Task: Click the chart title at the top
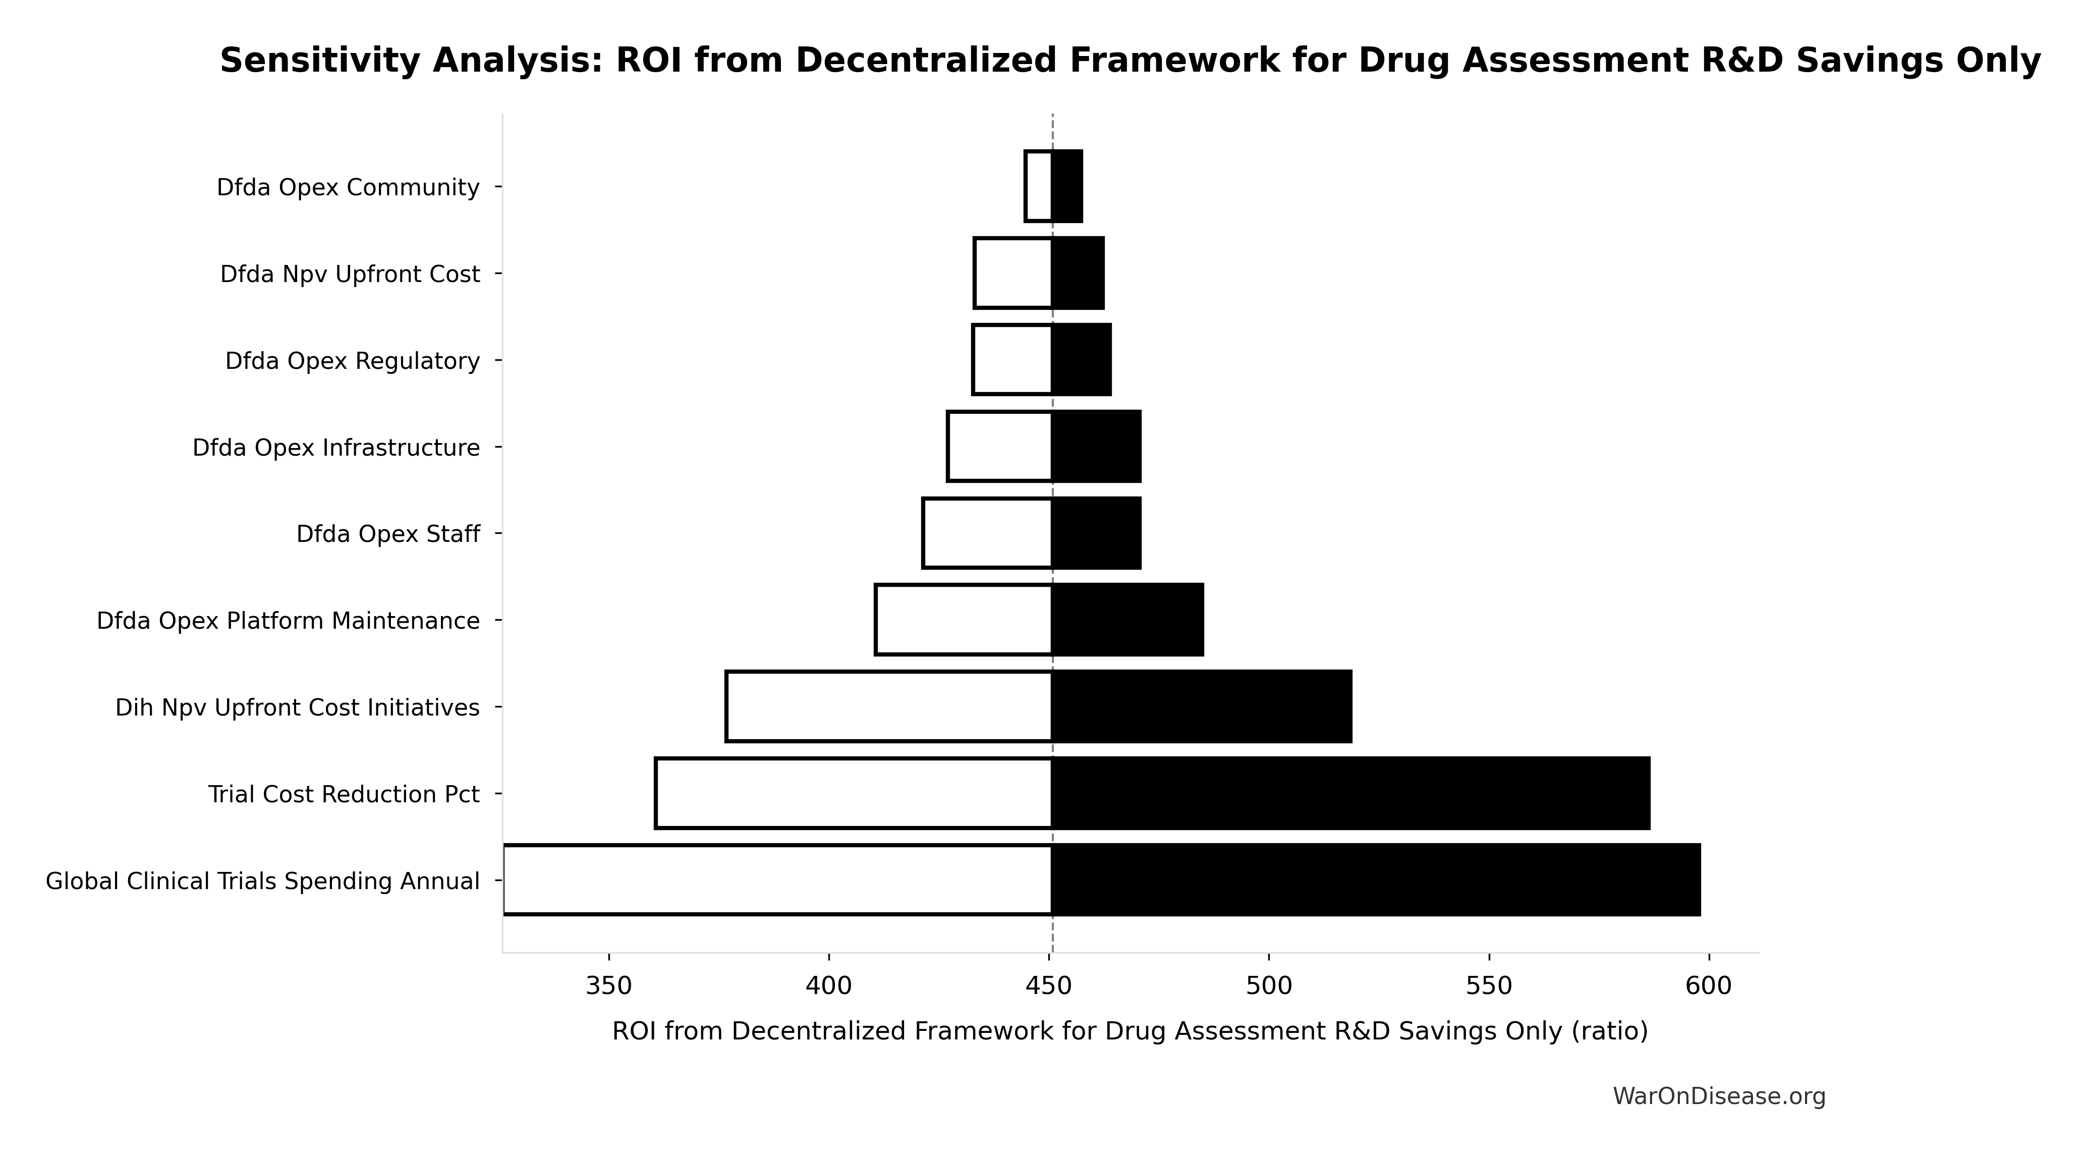click(1130, 61)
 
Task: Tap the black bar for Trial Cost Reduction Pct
click(1350, 793)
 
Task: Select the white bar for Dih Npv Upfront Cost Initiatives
click(889, 706)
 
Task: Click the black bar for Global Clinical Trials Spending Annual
click(1376, 880)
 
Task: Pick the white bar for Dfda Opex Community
click(1039, 186)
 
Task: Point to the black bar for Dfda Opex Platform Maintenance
click(1128, 620)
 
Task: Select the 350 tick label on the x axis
click(608, 986)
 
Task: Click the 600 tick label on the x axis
click(1709, 986)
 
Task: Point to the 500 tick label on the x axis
click(1269, 986)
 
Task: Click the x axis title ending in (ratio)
click(1130, 1031)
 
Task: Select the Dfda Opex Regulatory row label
click(353, 361)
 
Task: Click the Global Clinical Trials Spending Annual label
click(262, 881)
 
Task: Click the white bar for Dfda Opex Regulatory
click(1012, 360)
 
